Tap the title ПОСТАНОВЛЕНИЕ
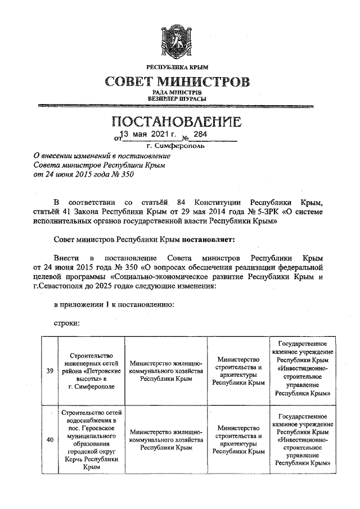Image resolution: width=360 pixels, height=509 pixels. point(178,122)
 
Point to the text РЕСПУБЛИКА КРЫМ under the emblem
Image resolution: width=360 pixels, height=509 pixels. point(178,68)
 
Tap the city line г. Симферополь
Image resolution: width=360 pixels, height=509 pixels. point(178,145)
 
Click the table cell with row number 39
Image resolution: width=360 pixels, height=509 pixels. point(49,371)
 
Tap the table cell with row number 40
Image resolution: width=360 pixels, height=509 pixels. point(49,440)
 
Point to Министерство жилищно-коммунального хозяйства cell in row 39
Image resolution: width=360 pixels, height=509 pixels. point(165,371)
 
